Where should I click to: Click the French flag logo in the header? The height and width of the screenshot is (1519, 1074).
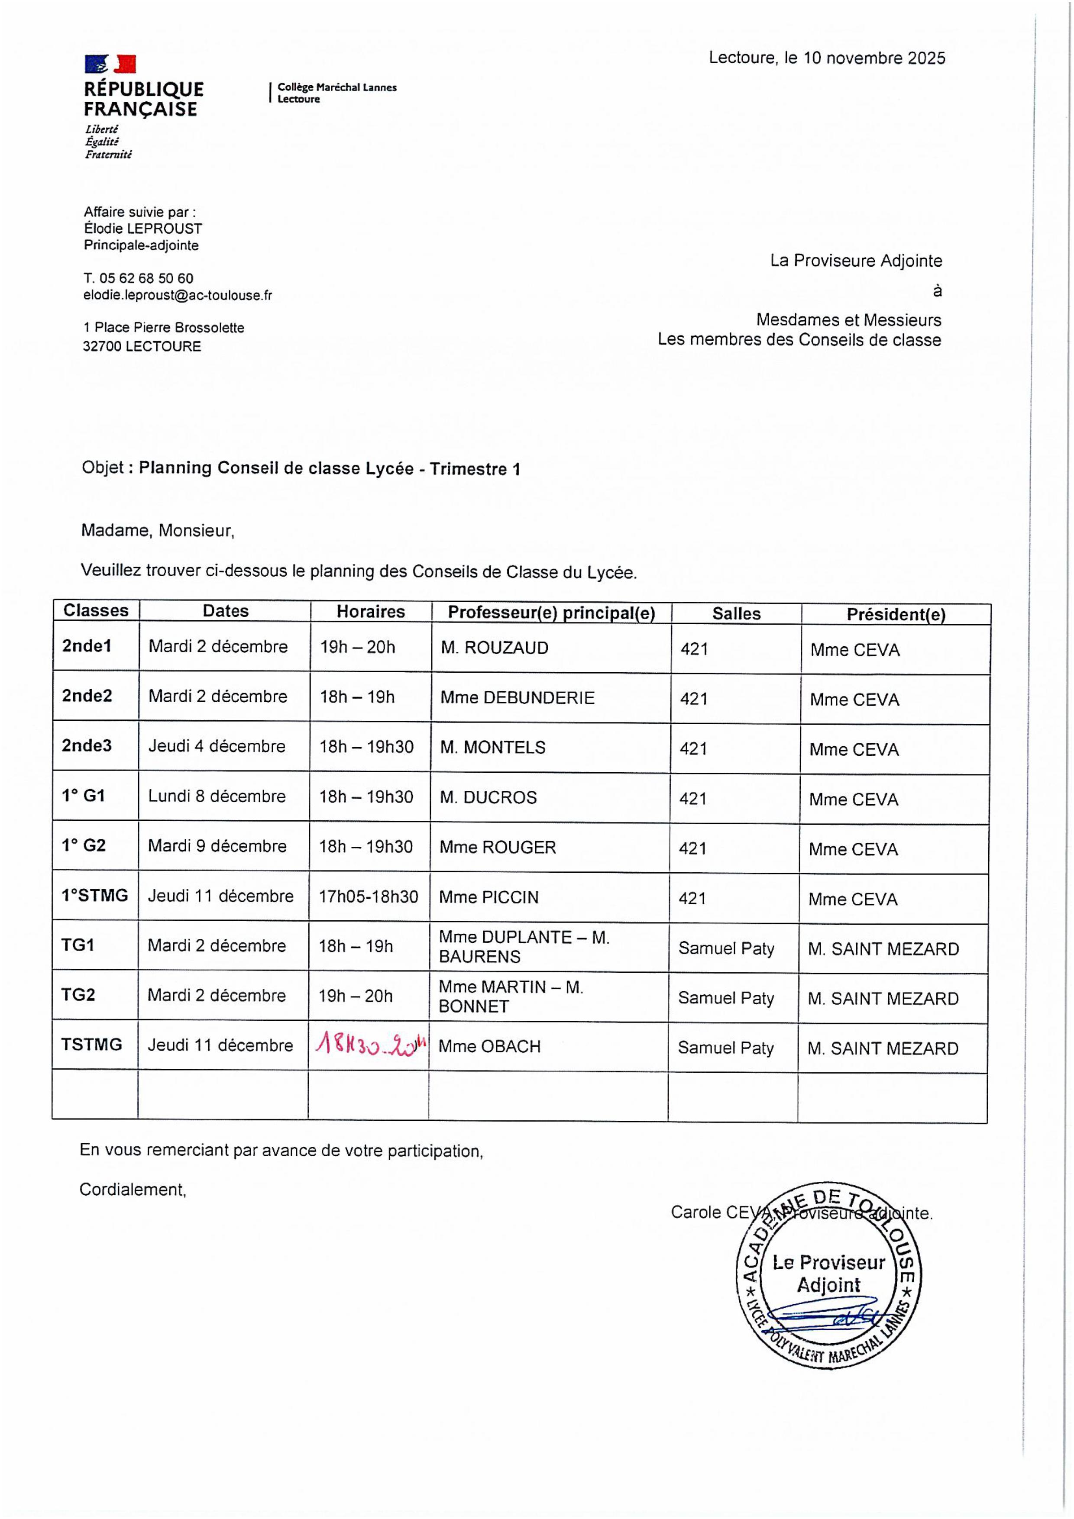pos(110,64)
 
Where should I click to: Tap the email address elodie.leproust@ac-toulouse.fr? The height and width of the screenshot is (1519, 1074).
pos(178,296)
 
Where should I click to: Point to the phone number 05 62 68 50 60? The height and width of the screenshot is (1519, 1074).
pos(146,278)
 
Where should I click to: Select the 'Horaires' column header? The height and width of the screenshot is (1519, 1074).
pos(371,611)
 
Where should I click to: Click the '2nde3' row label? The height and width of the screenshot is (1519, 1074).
pos(87,745)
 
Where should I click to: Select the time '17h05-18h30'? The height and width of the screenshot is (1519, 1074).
pos(369,897)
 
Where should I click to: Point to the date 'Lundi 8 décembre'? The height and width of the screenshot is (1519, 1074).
pos(217,796)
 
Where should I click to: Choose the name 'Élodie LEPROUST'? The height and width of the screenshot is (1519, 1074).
pos(143,229)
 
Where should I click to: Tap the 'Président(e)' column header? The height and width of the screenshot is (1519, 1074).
pos(896,614)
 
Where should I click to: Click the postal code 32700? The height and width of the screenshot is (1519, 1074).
pos(102,346)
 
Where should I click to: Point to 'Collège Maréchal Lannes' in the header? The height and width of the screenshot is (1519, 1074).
pos(337,87)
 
